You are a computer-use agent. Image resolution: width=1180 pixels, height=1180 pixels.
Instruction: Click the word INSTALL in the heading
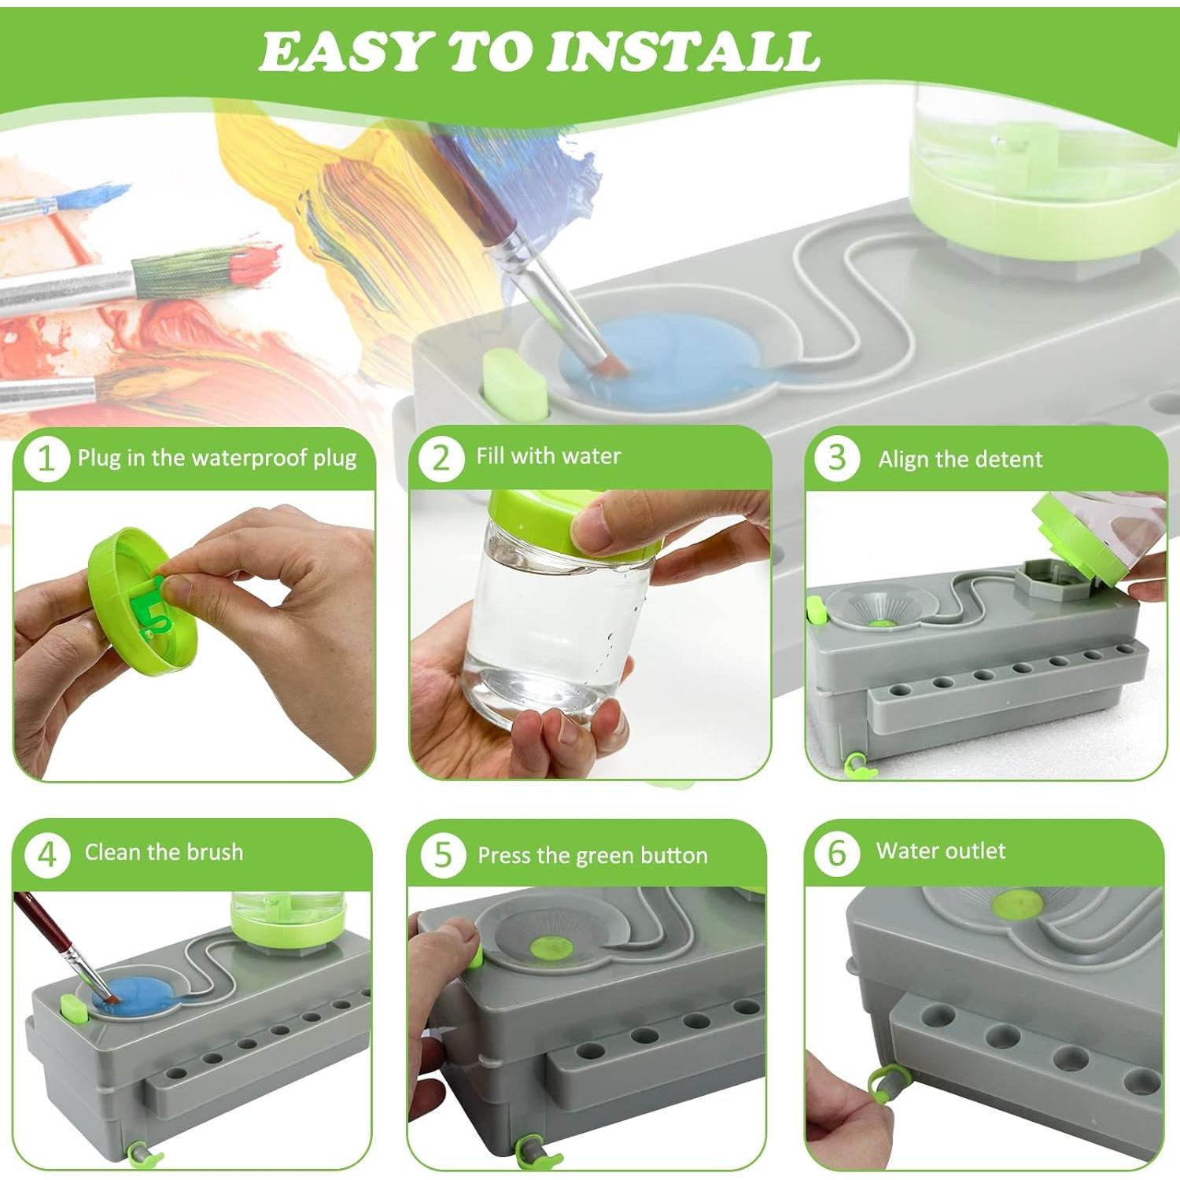coord(683,52)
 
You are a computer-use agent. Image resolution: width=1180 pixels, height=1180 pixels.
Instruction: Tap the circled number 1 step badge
coord(46,459)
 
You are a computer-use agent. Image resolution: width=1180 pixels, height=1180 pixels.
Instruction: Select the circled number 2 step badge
coord(440,457)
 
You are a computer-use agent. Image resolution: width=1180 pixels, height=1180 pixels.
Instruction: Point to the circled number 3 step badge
coord(836,457)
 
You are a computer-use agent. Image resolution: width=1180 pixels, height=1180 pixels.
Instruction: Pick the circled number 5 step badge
coord(442,854)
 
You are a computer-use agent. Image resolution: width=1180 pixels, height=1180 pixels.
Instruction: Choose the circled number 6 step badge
coord(836,853)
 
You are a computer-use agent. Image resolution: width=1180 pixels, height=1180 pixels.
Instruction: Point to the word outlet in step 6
coord(975,850)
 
